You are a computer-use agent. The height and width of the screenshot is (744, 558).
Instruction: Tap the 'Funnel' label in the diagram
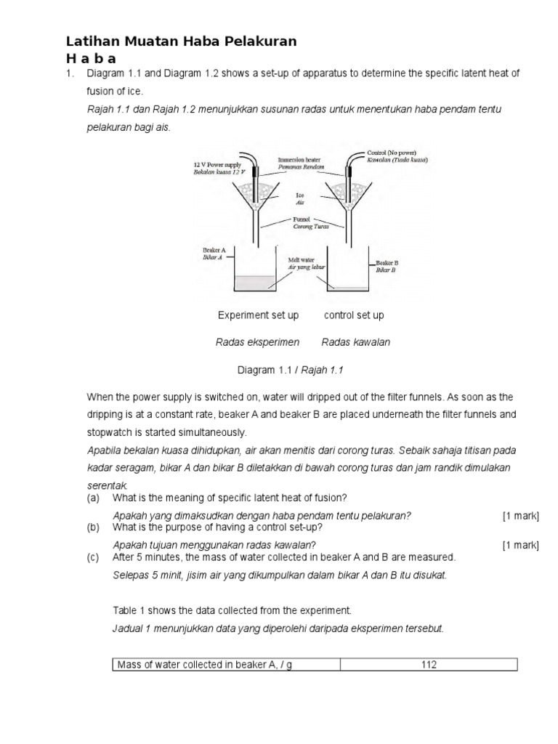(301, 219)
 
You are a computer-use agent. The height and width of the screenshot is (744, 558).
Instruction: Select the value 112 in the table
(429, 665)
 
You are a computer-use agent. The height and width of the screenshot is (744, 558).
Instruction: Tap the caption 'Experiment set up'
(258, 315)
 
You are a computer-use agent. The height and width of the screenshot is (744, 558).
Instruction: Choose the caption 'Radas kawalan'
(355, 342)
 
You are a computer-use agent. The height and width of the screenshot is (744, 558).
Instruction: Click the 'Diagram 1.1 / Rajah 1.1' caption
(290, 370)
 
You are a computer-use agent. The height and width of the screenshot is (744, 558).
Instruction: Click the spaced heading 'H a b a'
(92, 59)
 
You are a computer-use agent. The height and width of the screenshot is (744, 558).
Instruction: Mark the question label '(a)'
(92, 498)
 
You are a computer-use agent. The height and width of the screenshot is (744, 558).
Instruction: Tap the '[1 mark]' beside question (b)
(520, 545)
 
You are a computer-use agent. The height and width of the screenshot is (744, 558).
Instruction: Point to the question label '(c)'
(92, 557)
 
